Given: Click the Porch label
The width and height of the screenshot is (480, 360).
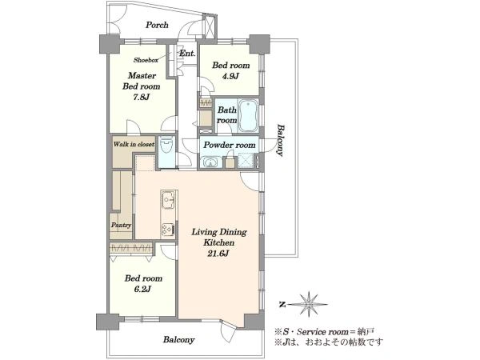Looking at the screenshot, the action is pos(157,25).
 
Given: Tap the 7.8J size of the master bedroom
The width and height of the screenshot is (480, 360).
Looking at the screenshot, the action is pos(141,98).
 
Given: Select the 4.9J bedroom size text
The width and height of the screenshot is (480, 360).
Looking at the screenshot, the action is pos(230,76).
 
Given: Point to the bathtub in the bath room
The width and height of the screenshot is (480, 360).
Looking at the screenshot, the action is pos(248,115).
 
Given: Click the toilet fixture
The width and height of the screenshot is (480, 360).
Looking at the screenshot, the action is pos(167,147).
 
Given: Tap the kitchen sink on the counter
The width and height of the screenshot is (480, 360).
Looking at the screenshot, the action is pos(168,199).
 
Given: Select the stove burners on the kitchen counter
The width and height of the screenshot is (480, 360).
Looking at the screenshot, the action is pos(168,230).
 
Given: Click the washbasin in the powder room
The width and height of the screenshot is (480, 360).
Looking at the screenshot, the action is pos(210,162).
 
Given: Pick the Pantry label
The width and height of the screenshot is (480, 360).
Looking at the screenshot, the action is pos(122,226).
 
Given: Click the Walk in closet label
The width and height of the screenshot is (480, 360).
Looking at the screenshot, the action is pos(134,144).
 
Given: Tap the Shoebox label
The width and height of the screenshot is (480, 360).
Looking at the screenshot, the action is pos(146,60).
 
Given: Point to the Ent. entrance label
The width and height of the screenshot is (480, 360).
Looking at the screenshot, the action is pos(187,54).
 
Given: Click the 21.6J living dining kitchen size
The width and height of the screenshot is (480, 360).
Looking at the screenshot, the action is pos(219,253).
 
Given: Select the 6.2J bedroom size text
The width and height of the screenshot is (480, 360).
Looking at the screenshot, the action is pos(143,289).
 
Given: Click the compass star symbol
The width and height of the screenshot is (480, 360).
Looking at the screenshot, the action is pos(309,304).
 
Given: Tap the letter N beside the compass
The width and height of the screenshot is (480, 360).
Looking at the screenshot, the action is pos(282,304).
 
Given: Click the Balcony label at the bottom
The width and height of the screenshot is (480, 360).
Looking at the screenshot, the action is pos(178,340).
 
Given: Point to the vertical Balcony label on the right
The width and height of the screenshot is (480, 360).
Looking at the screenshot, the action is pos(280,140).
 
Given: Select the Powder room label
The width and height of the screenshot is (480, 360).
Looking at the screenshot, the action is pos(230,145).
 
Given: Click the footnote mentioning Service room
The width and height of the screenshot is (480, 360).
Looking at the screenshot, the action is pos(324,331).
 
